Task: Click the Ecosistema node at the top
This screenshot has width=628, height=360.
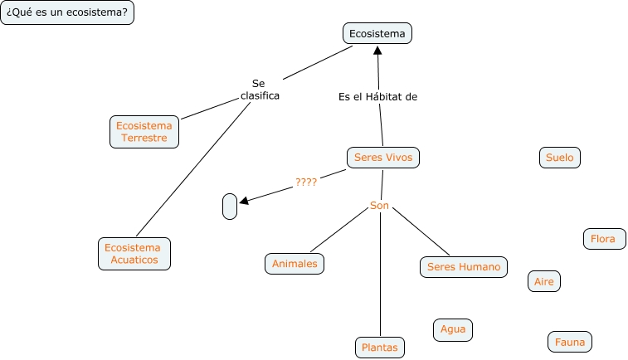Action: pos(377,33)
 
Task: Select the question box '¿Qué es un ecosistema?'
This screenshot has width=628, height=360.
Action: pos(67,13)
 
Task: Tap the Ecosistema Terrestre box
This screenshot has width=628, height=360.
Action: pos(144,132)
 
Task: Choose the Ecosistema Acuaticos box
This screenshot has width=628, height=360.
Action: pos(134,254)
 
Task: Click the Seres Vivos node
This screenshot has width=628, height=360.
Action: pos(382,157)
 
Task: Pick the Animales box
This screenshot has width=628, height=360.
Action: pos(295,264)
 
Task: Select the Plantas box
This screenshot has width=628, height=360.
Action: pos(380,347)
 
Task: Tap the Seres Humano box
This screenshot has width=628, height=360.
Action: pos(464,266)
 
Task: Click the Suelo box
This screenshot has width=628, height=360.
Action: pos(559,157)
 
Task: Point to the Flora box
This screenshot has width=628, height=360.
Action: pos(603,239)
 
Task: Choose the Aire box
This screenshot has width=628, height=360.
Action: pos(544,281)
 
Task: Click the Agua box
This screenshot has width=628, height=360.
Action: pos(453,329)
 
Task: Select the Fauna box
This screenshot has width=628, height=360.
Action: pos(570,341)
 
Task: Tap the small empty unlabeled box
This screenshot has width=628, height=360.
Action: pos(230,207)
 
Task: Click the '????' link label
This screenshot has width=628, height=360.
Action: pos(306,182)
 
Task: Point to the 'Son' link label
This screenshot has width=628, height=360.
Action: pos(379,205)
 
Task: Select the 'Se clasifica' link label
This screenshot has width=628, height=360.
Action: pos(260,90)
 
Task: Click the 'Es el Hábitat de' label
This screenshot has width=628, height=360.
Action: pos(377,96)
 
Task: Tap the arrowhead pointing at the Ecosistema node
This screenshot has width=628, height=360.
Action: pos(377,50)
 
